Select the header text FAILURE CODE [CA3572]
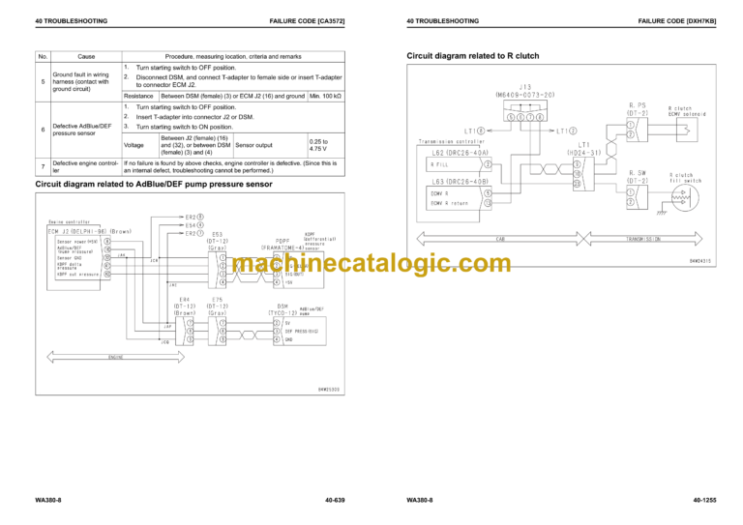[310, 20]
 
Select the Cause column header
[86, 57]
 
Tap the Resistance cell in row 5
[139, 97]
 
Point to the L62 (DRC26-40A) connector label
[461, 151]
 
